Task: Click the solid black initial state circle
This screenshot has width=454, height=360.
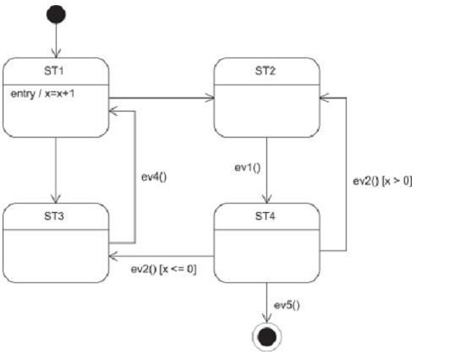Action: pos(56,14)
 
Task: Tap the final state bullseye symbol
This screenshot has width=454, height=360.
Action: pos(266,336)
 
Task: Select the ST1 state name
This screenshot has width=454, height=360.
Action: pos(54,71)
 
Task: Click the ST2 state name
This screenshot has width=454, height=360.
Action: pos(265,71)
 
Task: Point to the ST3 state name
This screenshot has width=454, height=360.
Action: pos(54,215)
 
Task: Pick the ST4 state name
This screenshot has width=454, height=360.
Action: pos(265,215)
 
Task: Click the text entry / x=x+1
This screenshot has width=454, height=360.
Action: pos(42,94)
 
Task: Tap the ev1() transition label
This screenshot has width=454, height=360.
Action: pos(248,167)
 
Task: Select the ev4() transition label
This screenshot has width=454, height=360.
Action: pos(154,177)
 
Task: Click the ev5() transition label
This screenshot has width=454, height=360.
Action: pos(287,305)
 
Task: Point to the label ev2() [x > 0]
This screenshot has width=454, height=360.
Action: pos(382,181)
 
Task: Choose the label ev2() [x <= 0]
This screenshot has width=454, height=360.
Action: pos(163,269)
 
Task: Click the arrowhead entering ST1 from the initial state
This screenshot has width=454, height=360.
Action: pos(56,53)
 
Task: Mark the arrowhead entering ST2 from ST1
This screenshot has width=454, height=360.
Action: pos(210,98)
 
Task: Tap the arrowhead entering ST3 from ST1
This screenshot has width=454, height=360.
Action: pos(56,199)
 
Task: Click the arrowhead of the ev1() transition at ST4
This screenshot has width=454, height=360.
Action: pos(266,199)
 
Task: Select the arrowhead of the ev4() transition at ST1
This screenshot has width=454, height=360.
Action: pos(113,111)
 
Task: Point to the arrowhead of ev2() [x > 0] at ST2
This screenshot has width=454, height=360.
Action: pos(325,98)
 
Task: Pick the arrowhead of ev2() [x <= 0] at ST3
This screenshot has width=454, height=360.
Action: pos(113,256)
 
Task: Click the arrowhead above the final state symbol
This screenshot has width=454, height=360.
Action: pos(266,318)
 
